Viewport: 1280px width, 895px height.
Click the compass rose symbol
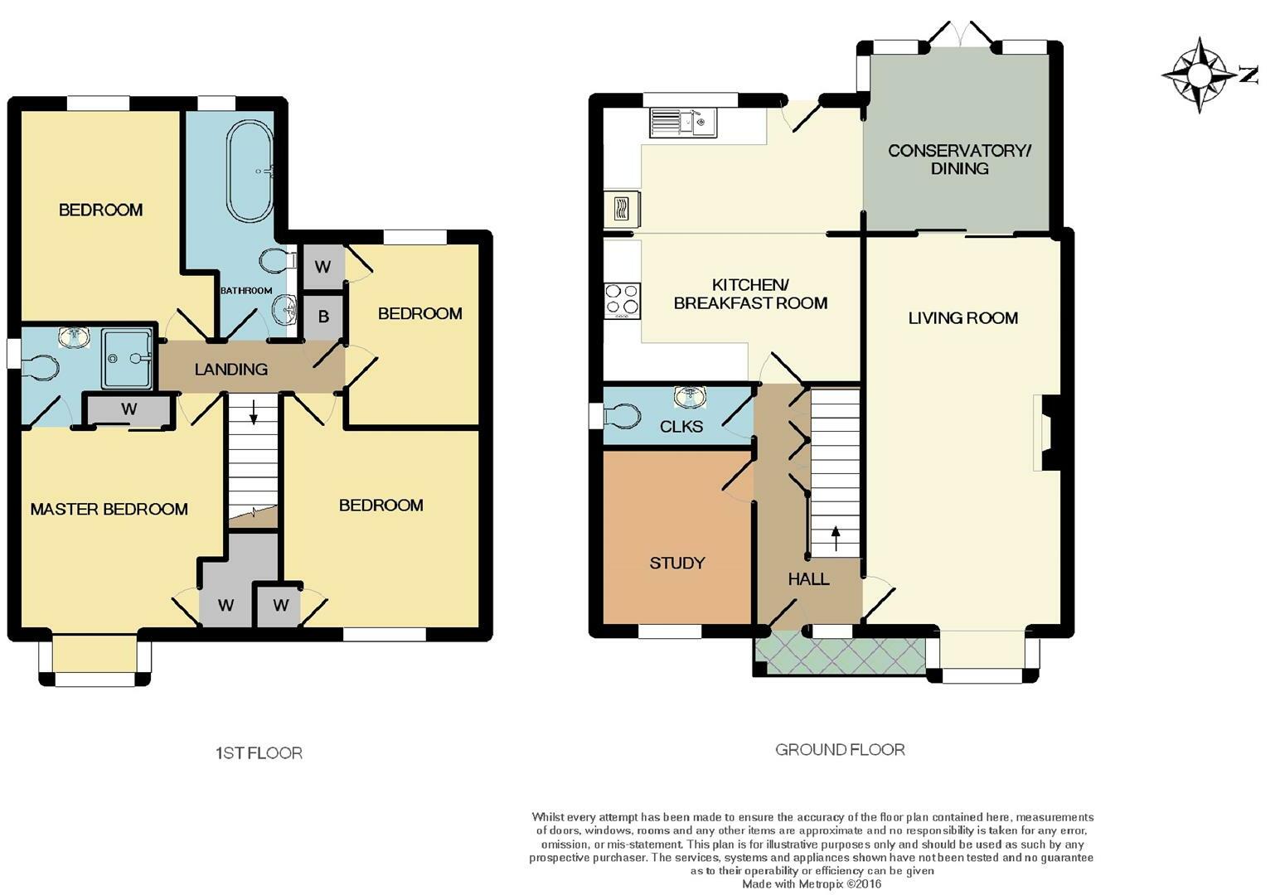click(1199, 75)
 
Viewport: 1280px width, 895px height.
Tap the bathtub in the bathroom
click(250, 171)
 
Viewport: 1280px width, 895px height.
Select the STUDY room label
click(677, 564)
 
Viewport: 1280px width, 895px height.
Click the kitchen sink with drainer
click(683, 123)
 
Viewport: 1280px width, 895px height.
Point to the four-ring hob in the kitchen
click(623, 301)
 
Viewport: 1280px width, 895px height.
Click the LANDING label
click(230, 370)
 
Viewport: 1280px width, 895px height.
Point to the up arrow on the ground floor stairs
click(836, 539)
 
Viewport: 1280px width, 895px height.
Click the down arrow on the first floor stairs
click(253, 413)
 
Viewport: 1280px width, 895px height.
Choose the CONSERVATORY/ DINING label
click(959, 159)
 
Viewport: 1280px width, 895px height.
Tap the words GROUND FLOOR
click(840, 749)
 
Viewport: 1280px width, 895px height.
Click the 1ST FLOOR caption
click(259, 753)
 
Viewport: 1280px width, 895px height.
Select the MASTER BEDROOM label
click(109, 509)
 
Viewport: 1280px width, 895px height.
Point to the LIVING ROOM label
click(962, 318)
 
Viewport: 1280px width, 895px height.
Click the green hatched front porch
click(840, 656)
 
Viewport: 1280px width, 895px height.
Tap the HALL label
click(808, 579)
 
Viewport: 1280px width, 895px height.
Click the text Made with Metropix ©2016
click(812, 884)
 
